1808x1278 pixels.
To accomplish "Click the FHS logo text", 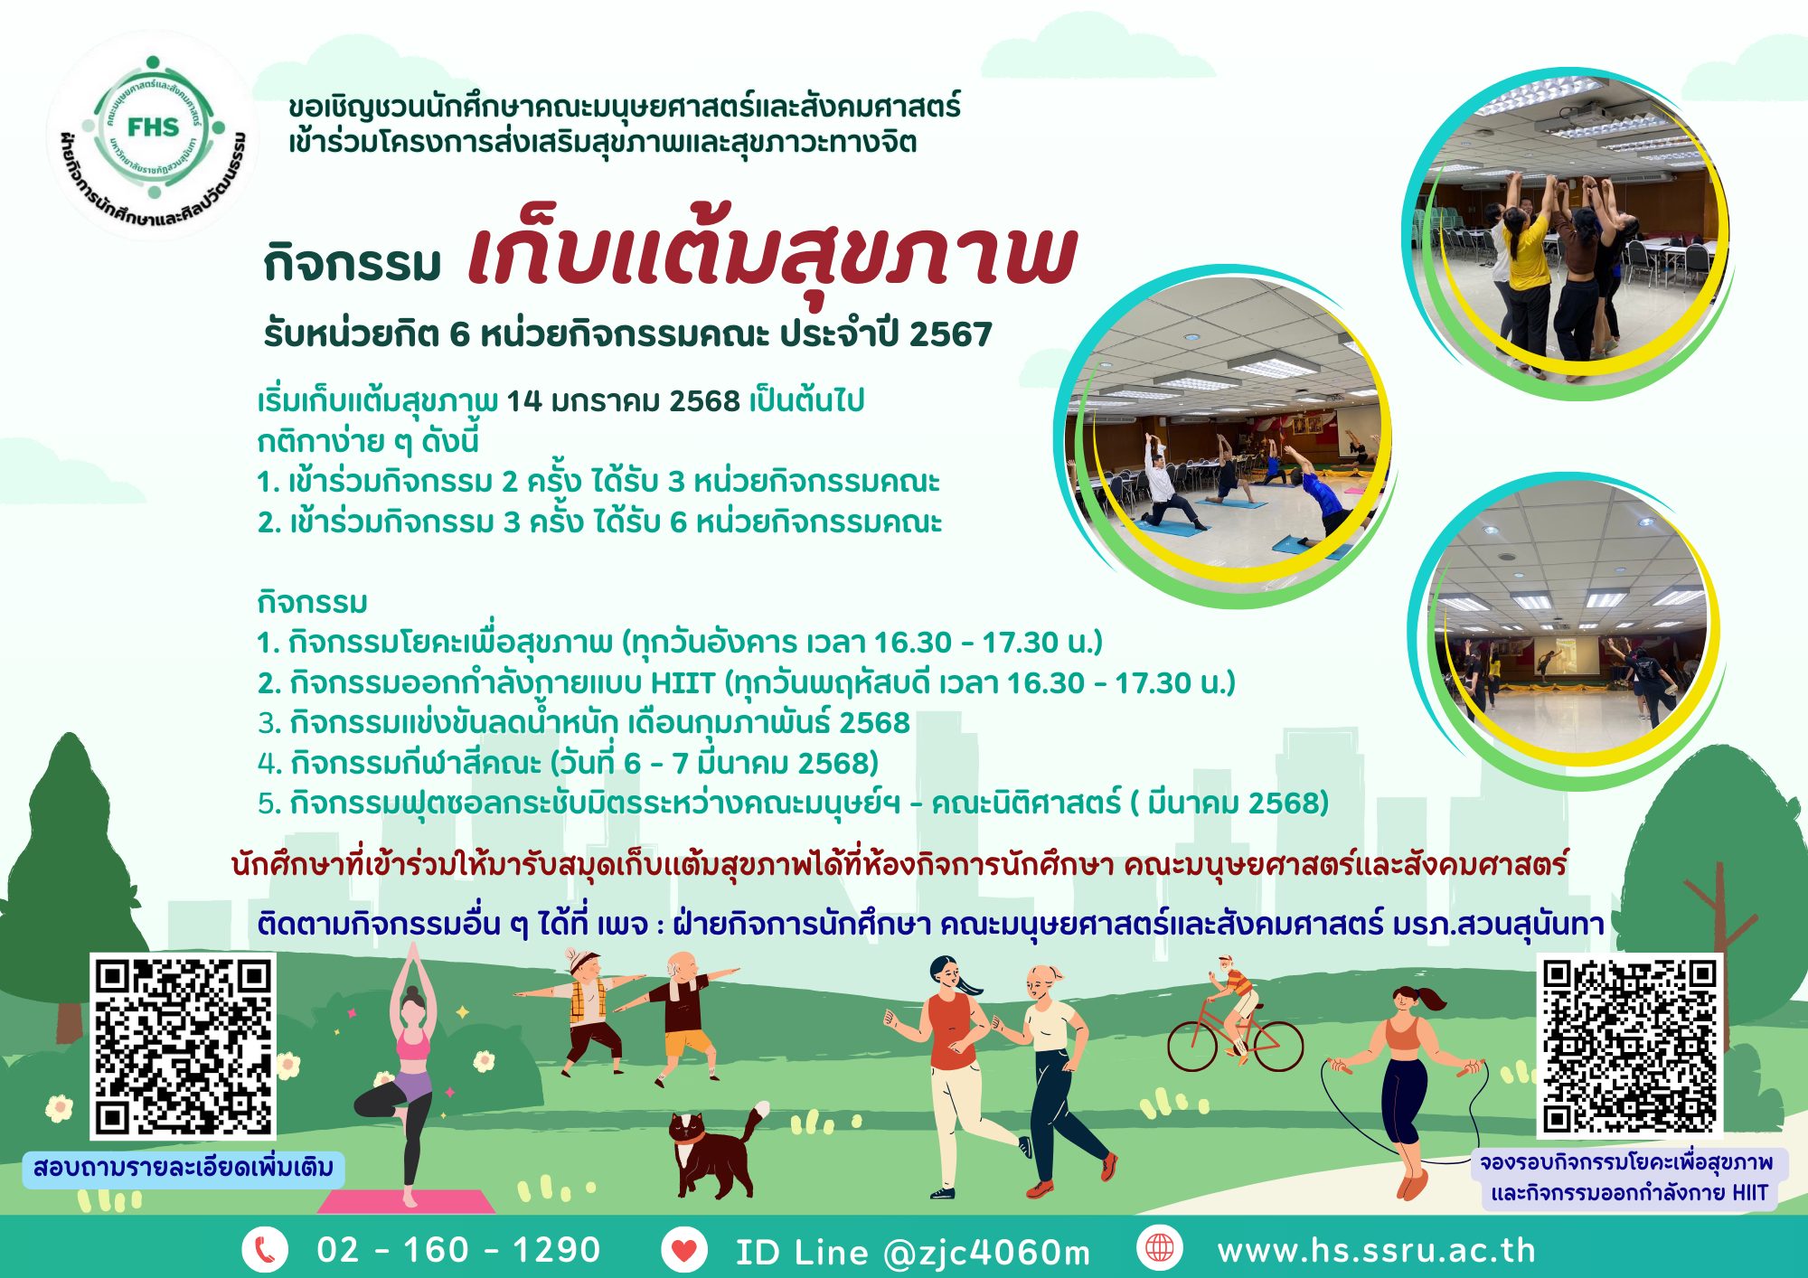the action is [x=153, y=127].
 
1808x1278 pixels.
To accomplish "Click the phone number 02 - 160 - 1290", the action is [x=458, y=1250].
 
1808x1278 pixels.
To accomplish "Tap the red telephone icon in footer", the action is [x=264, y=1250].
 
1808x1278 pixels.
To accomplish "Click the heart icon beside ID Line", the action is [x=684, y=1250].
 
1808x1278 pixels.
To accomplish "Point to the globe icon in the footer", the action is [x=1160, y=1249].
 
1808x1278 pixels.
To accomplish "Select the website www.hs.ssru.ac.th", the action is [x=1377, y=1251].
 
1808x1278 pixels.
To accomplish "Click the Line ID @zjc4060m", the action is [x=987, y=1253].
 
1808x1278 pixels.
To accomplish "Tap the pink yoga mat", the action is [x=405, y=1201].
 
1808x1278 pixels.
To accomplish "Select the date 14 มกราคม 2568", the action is [x=623, y=399].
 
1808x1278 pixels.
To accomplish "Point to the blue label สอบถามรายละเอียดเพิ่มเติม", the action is [x=183, y=1167].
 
